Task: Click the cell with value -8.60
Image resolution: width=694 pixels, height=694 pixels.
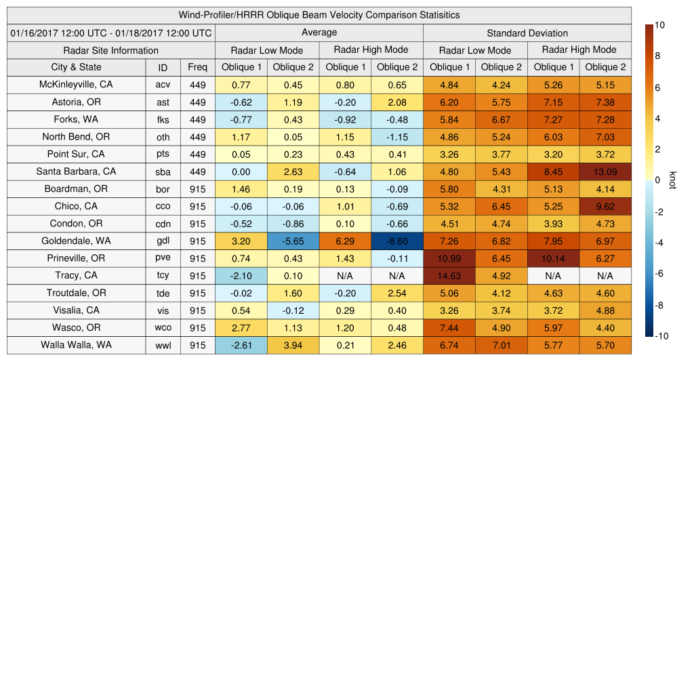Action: coord(397,241)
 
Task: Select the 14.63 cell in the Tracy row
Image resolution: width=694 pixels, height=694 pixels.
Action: coord(449,276)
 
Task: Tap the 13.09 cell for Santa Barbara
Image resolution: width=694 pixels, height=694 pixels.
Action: coord(605,172)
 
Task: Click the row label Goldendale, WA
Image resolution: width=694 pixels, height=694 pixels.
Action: coord(76,241)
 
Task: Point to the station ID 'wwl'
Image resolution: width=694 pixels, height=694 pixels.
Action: coord(163,345)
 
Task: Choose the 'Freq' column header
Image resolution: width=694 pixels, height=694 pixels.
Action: coord(198,67)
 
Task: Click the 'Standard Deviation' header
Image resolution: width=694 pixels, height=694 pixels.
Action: coord(527,33)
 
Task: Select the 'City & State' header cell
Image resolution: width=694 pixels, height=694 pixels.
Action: coord(76,67)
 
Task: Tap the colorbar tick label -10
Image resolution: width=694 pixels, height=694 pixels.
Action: coord(662,336)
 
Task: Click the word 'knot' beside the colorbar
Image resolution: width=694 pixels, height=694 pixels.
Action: coord(672,180)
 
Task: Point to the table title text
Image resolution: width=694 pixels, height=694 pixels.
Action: coord(319,15)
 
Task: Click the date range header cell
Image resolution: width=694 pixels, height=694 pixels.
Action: coord(111,33)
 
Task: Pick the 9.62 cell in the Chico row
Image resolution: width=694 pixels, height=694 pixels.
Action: coord(605,207)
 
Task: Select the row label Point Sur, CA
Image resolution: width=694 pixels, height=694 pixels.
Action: coord(76,154)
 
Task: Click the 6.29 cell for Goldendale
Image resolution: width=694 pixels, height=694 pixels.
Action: coord(345,241)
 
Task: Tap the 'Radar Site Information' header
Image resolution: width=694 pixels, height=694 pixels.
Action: coord(111,50)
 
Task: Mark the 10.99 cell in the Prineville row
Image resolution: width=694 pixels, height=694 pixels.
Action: coord(449,259)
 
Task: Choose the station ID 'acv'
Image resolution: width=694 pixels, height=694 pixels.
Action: coord(163,85)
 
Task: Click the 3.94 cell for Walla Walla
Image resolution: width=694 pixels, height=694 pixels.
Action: coord(293,345)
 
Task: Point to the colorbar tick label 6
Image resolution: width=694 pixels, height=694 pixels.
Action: coord(657,87)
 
